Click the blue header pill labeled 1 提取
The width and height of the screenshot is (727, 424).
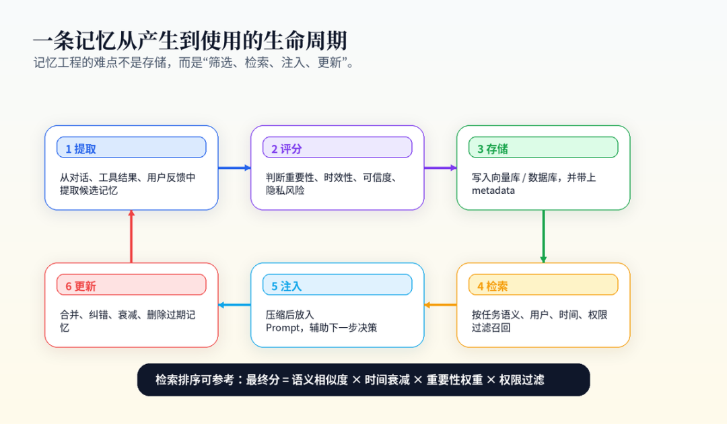coord(131,147)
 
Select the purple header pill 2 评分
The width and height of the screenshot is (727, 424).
coord(337,147)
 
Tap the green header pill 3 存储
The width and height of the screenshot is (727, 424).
coord(543,147)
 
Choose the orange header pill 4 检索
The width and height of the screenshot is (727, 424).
coord(543,285)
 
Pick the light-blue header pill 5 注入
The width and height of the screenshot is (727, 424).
coord(337,285)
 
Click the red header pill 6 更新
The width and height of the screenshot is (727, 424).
coord(131,285)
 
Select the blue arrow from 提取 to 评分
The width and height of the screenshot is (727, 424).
coord(235,168)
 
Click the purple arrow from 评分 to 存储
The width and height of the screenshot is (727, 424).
coord(440,168)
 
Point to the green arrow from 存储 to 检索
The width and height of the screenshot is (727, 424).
coord(543,236)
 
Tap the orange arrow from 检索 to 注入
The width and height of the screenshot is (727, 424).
coord(440,305)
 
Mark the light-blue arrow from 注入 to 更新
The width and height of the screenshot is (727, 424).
coord(235,305)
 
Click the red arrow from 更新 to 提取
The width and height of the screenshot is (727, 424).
coord(131,236)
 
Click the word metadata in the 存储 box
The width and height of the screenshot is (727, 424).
coord(493,190)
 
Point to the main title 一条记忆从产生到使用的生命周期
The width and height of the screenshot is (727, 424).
coord(190,40)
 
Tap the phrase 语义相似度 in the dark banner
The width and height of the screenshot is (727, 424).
coord(320,380)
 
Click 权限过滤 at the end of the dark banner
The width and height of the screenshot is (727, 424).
coord(522,380)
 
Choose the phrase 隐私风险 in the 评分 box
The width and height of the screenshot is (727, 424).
coord(285,190)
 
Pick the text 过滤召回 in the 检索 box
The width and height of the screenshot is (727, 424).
coord(491,328)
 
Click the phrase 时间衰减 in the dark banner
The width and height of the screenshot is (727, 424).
coord(387,380)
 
